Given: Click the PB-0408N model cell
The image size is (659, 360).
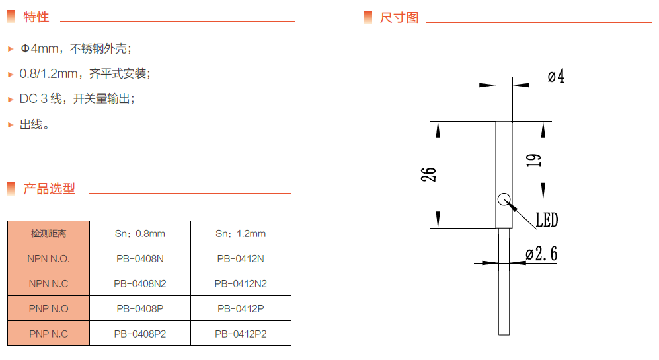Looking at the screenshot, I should tap(139, 259).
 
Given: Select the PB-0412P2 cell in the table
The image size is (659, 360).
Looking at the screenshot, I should tap(241, 334).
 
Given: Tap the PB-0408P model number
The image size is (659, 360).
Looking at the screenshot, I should tap(139, 309).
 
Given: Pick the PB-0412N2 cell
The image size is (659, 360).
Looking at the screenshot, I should tap(241, 284).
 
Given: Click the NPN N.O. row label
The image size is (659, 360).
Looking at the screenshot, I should tap(49, 259).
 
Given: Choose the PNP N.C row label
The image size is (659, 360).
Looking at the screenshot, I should tap(49, 334).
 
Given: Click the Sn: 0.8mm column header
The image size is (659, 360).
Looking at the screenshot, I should tap(139, 234).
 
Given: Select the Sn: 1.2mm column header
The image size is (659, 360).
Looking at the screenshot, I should tap(241, 234).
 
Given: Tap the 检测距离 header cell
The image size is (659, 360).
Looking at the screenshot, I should tap(49, 234).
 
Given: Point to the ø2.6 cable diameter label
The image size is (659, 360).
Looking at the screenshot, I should tap(542, 254).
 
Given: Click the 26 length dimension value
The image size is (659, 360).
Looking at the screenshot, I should tap(429, 174).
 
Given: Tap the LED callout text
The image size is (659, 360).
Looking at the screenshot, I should tap(547, 221).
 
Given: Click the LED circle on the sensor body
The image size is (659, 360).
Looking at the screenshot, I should tap(504, 198).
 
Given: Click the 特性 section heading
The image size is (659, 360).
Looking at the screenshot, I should tap(36, 17).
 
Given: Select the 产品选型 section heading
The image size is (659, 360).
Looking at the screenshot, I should tap(50, 189).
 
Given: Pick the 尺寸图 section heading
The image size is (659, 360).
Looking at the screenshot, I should tap(399, 17).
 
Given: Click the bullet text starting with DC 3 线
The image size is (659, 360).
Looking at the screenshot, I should tap(77, 99).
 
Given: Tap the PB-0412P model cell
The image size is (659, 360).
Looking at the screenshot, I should tap(241, 309).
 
